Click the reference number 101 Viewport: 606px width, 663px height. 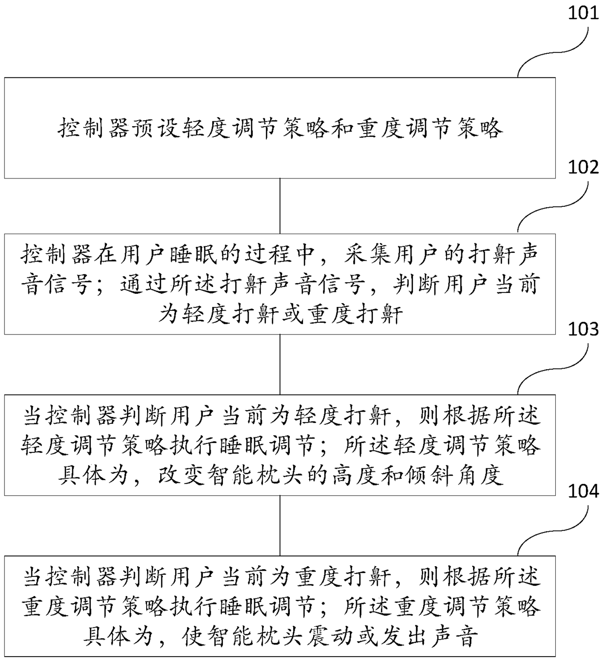(x=583, y=11)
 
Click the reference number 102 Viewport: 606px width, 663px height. (x=583, y=167)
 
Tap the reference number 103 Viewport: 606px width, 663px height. (x=583, y=329)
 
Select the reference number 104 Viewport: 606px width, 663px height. (x=583, y=490)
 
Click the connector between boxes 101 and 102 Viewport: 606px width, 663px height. (x=280, y=206)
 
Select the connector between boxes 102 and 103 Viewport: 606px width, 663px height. (x=280, y=364)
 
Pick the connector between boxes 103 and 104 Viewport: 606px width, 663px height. (x=280, y=526)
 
